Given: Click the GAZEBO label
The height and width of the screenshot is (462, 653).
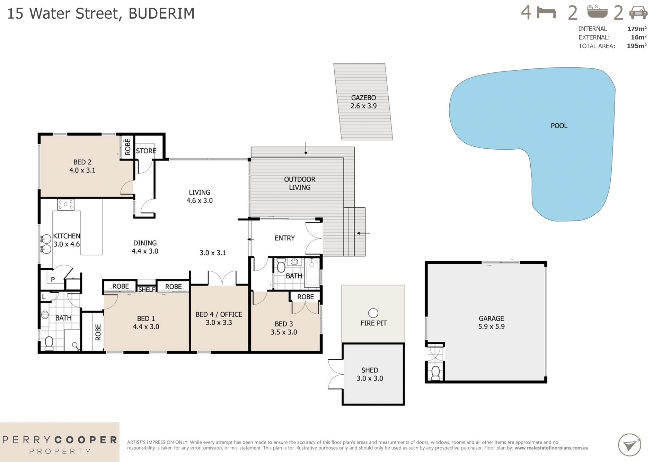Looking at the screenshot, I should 363,98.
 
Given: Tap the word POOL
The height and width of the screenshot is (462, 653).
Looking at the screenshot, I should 559,126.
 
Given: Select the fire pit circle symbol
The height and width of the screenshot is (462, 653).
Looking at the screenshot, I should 373,313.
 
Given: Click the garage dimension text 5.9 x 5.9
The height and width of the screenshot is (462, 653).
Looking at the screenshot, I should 491,326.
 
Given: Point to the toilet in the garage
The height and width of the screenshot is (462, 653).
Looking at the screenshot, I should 435,373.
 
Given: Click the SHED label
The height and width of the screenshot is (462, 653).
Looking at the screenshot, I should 370,370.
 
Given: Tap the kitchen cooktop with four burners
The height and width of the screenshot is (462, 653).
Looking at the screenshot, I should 65,204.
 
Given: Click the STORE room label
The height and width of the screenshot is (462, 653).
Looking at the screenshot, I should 146,151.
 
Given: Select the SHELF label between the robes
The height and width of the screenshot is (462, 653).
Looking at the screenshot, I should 147,289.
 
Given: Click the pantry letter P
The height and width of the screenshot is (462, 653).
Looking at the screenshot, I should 53,279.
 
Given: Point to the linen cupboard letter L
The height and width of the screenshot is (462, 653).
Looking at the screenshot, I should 44,297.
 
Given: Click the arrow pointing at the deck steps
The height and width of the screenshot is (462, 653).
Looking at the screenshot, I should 363,233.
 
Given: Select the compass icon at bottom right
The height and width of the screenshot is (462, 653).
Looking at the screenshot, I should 629,445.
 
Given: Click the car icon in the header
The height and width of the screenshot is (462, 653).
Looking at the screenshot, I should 638,13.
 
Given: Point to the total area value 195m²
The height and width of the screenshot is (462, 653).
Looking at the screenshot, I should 636,46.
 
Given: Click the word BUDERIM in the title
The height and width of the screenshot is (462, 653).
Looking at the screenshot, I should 161,14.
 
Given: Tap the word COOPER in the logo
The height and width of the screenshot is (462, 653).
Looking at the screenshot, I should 86,440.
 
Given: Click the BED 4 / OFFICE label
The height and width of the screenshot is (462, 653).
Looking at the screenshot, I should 219,314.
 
